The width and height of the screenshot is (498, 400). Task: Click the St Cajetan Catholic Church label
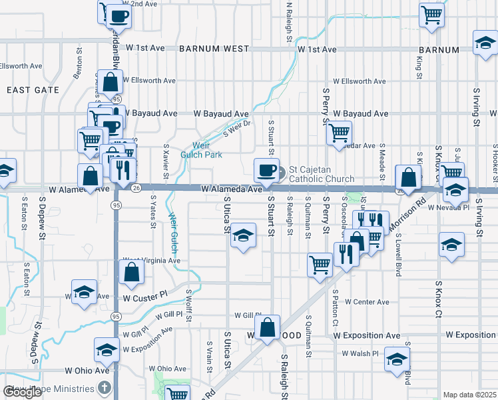[x=321, y=174]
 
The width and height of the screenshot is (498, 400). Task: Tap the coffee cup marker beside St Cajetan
[x=267, y=169]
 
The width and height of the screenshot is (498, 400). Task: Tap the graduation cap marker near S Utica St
[x=244, y=236]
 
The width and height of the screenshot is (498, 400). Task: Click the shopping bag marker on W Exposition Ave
[x=267, y=328]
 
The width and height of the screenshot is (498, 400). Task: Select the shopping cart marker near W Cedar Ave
[x=340, y=133]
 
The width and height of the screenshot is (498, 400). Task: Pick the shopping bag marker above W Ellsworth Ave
[x=109, y=83]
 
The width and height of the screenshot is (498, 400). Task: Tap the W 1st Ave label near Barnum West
[x=149, y=48]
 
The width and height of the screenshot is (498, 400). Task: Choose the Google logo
[x=22, y=392]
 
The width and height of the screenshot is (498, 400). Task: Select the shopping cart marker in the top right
[x=432, y=15]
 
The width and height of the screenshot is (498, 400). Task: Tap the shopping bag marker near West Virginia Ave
[x=132, y=272]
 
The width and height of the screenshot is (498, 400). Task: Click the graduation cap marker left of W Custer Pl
[x=84, y=293]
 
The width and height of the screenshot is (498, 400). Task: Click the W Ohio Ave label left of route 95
[x=87, y=370]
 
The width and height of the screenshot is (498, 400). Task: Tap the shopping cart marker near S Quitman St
[x=320, y=264]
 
